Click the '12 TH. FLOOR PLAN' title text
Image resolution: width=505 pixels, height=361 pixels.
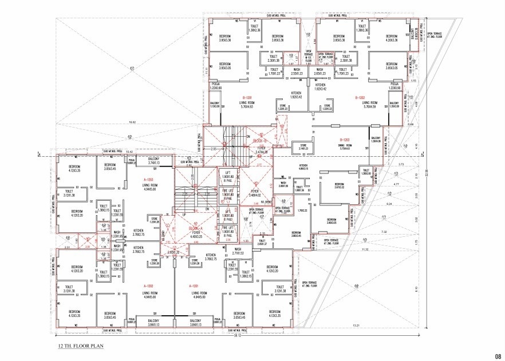(79, 347)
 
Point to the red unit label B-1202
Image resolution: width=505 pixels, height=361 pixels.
(360, 97)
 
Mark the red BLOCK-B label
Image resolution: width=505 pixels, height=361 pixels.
(261, 140)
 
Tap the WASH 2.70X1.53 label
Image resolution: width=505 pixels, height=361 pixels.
(239, 251)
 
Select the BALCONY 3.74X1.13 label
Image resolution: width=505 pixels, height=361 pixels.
(153, 161)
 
